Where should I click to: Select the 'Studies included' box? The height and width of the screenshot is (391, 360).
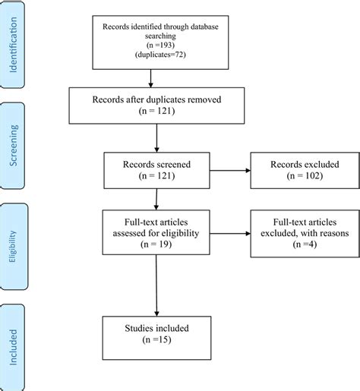tap(155, 335)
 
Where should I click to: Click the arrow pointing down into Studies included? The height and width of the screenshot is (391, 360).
tap(155, 287)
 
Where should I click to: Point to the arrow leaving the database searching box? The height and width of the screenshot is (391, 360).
tap(151, 77)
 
